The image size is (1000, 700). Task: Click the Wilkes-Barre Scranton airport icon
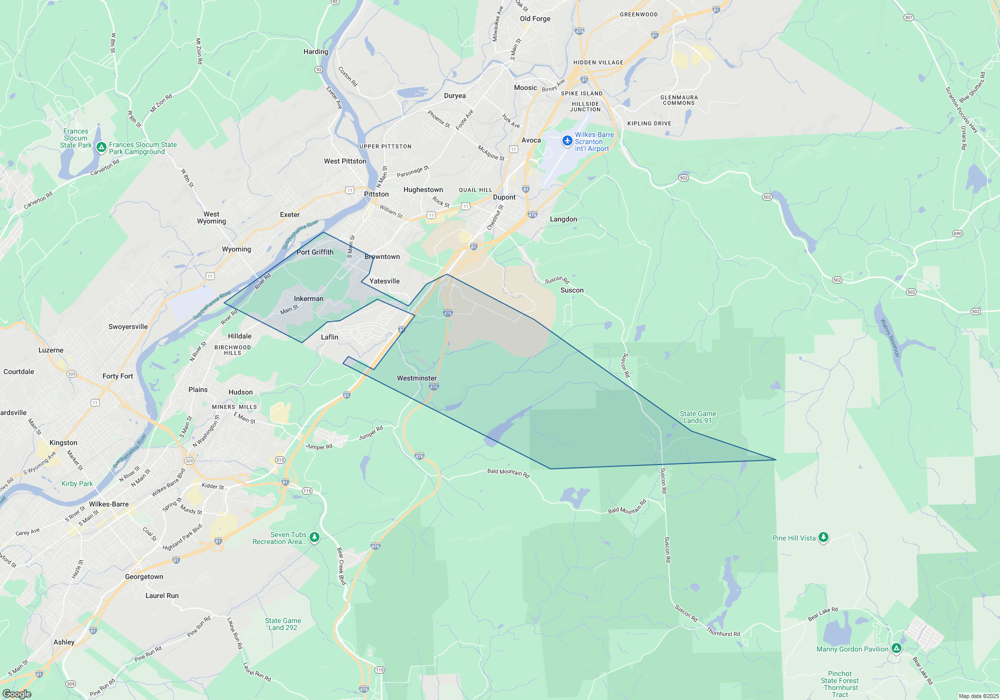(x=567, y=141)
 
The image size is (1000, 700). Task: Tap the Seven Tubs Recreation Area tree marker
(x=314, y=537)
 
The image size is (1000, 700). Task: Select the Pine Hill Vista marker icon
(x=823, y=537)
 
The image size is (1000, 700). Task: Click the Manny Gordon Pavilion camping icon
(x=896, y=648)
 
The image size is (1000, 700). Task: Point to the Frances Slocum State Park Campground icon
(x=101, y=147)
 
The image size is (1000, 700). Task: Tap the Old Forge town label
(x=535, y=18)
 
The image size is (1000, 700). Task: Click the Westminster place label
(x=416, y=378)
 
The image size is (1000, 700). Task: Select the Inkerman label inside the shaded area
(x=308, y=298)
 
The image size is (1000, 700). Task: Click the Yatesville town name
(x=384, y=281)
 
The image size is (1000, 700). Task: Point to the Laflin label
(x=329, y=337)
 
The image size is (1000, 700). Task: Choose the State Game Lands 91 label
(x=698, y=417)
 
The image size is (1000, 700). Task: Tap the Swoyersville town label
(x=128, y=326)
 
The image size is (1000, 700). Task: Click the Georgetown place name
(x=144, y=576)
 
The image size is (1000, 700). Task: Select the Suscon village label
(x=572, y=290)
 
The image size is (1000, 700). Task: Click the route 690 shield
(x=957, y=233)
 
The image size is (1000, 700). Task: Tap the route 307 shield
(x=908, y=17)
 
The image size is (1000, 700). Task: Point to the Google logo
(x=17, y=694)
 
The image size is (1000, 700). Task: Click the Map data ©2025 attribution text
(x=978, y=696)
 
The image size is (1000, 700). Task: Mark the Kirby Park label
(x=77, y=483)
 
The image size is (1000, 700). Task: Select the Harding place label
(x=316, y=51)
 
